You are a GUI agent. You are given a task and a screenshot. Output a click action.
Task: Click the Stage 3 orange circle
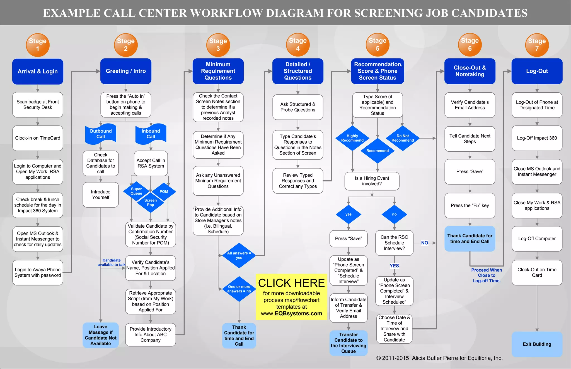(218, 45)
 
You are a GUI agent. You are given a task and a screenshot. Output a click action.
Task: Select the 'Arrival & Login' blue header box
(38, 71)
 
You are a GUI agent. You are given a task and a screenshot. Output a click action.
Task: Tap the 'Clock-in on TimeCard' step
(38, 138)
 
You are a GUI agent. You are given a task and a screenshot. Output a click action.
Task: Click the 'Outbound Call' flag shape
(101, 134)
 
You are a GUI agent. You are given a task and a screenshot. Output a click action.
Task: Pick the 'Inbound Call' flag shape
(151, 134)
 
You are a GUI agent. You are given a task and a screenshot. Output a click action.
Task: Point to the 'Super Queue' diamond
(136, 191)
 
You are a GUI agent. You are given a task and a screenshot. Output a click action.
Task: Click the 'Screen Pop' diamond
(151, 203)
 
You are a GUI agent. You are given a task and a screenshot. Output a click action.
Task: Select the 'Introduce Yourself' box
(101, 195)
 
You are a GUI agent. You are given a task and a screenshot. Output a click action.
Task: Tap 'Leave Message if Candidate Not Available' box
(101, 335)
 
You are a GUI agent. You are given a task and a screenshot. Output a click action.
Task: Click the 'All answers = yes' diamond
(239, 255)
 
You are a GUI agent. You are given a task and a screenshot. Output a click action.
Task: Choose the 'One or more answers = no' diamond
(239, 289)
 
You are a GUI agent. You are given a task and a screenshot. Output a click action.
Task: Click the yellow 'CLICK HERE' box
(291, 297)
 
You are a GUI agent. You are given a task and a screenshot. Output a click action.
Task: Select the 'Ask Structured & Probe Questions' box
(298, 107)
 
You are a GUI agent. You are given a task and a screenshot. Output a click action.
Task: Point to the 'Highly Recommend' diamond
(352, 138)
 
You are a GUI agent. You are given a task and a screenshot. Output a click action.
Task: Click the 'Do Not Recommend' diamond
(403, 138)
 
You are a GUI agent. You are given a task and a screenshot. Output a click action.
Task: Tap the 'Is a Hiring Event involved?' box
(372, 181)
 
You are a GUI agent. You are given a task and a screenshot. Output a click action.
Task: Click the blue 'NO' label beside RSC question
(424, 243)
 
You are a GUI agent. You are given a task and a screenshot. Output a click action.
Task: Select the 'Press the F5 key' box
(470, 206)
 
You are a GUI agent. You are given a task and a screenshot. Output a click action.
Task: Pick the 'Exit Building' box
(537, 344)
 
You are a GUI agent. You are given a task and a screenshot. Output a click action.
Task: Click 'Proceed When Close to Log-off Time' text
(487, 275)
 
